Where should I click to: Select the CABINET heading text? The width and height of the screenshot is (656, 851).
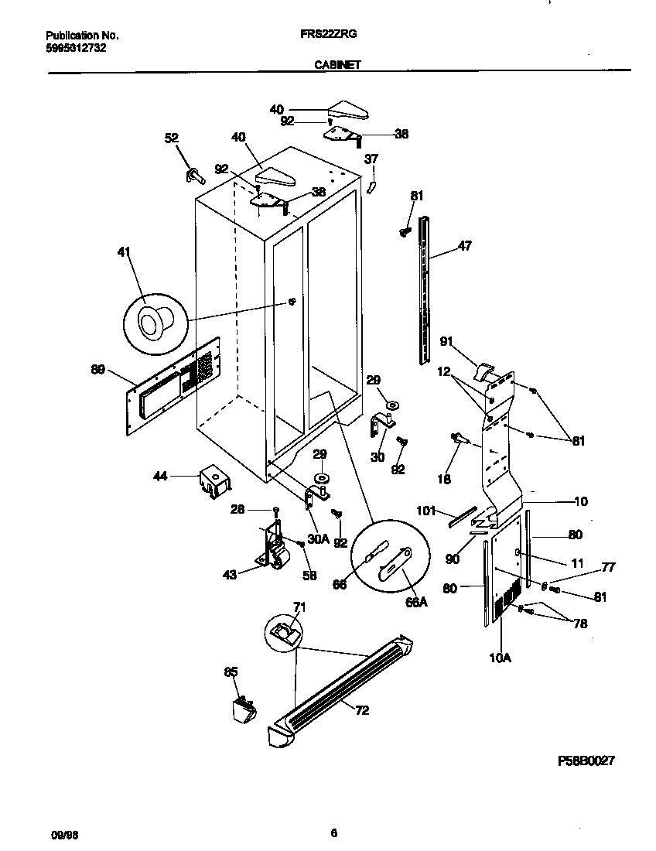pyautogui.click(x=337, y=66)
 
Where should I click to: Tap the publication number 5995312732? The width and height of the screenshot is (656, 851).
pyautogui.click(x=76, y=48)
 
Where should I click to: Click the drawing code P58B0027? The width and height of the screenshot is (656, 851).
pyautogui.click(x=586, y=761)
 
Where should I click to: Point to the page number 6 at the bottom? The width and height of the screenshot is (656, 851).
pyautogui.click(x=333, y=833)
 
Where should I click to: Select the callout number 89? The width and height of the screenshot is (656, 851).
pyautogui.click(x=97, y=370)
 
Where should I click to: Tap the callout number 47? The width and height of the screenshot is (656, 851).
pyautogui.click(x=464, y=246)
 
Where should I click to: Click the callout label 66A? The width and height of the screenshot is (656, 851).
pyautogui.click(x=417, y=602)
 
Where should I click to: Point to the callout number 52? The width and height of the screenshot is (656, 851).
pyautogui.click(x=171, y=138)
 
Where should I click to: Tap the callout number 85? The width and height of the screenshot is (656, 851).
pyautogui.click(x=231, y=672)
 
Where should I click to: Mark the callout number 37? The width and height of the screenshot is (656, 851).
pyautogui.click(x=371, y=159)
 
